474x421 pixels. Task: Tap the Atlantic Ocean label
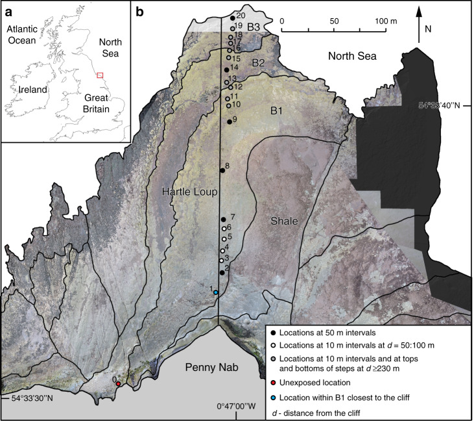tap(27, 35)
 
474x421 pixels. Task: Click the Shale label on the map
tap(285, 222)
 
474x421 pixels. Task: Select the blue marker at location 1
tap(216, 293)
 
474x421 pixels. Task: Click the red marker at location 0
tap(118, 384)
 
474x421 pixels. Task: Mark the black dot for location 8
tap(222, 170)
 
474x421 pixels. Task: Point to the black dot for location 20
tap(233, 18)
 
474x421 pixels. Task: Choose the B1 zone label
tap(278, 111)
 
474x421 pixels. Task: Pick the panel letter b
tap(139, 10)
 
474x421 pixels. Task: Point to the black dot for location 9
tap(230, 121)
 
